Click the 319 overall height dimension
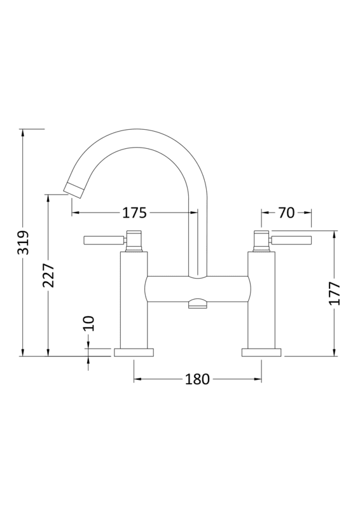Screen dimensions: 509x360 click(x=23, y=242)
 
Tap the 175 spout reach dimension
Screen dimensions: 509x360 click(x=135, y=213)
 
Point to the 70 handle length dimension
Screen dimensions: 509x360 click(x=286, y=213)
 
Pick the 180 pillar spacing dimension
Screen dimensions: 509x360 click(x=197, y=379)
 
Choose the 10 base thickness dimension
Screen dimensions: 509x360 click(x=89, y=323)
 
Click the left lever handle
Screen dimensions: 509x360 click(x=102, y=241)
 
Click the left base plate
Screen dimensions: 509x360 click(x=134, y=352)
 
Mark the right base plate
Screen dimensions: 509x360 click(x=261, y=352)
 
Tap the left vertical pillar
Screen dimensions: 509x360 click(x=134, y=299)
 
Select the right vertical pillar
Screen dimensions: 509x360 click(x=261, y=299)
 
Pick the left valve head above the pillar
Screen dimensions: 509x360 click(x=134, y=240)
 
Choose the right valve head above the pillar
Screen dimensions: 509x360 click(x=261, y=240)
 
